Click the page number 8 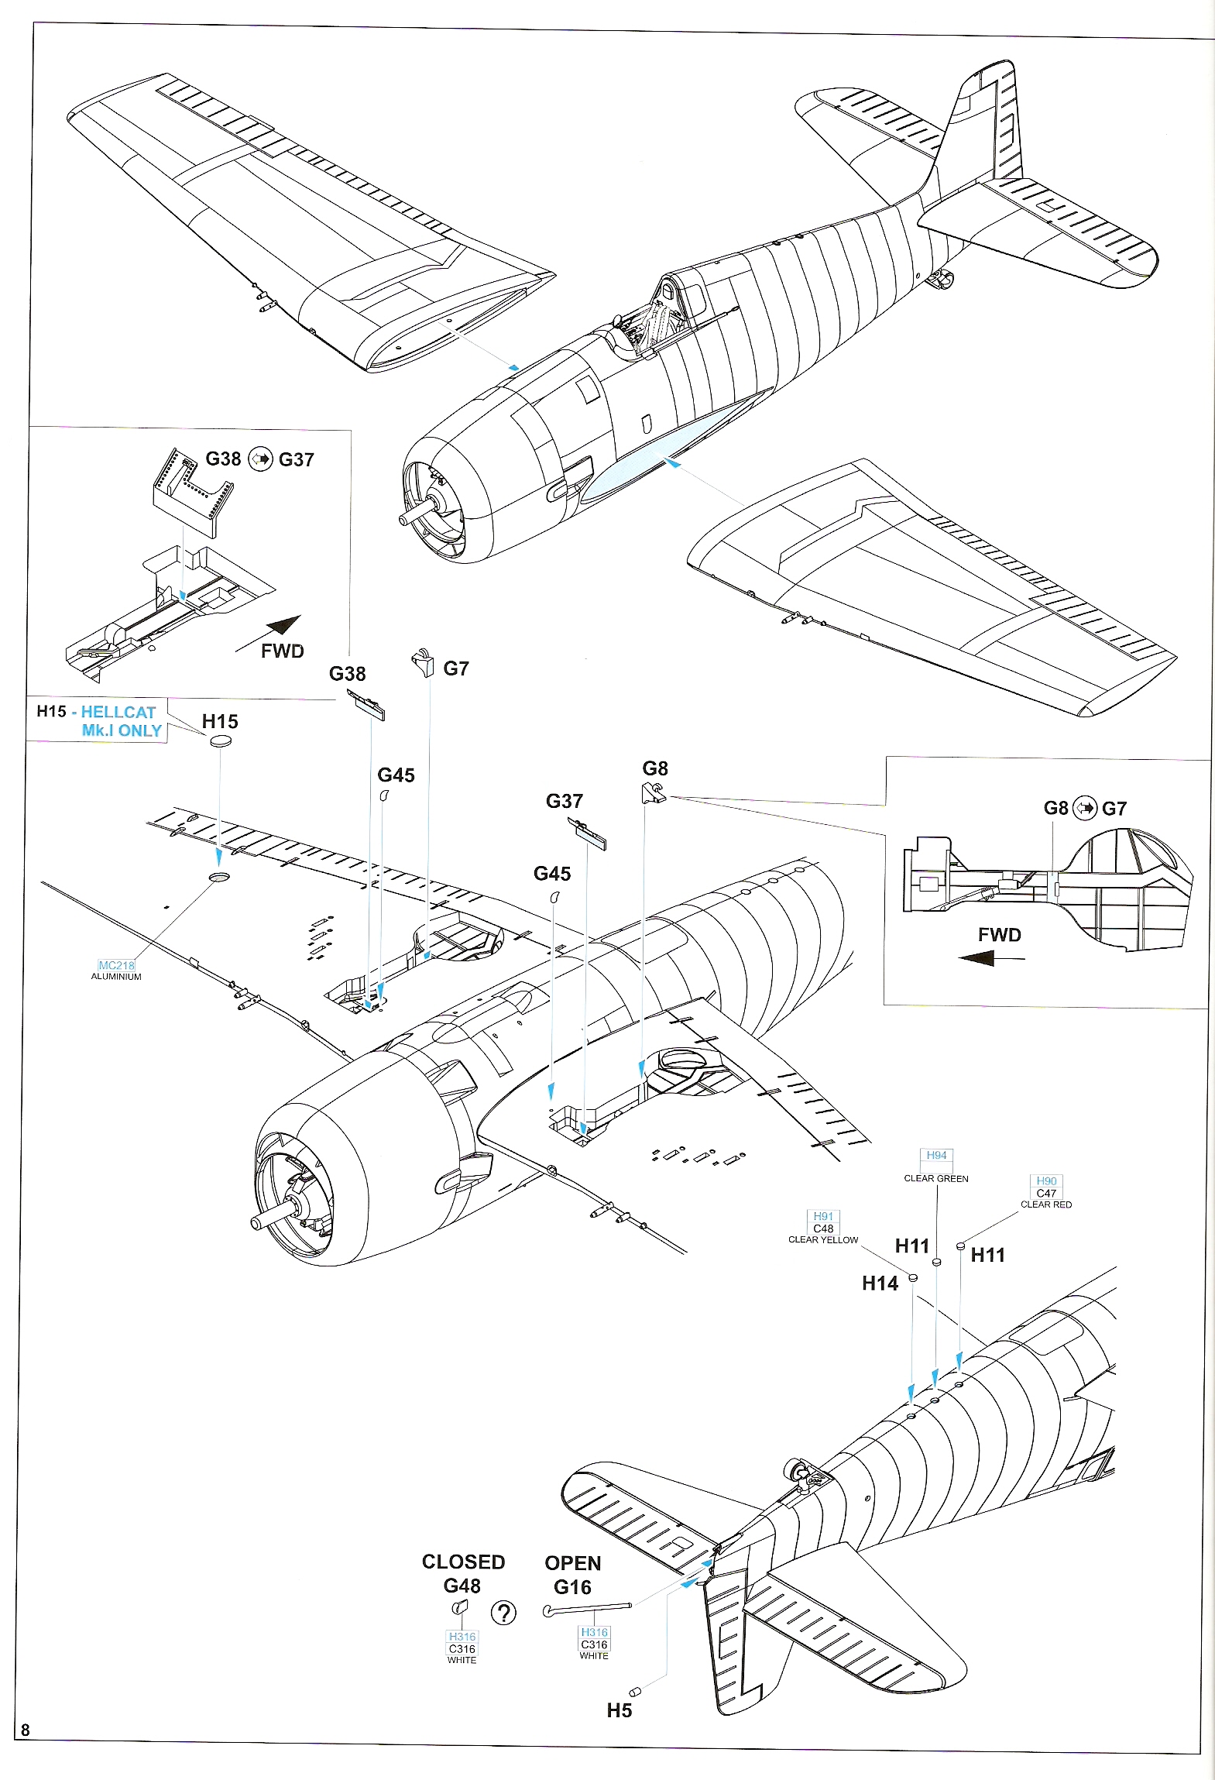click(26, 1730)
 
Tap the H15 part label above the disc click(220, 721)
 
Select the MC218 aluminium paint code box click(117, 965)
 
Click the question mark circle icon click(503, 1613)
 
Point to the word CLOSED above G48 click(463, 1562)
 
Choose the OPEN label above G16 click(572, 1563)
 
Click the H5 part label click(619, 1710)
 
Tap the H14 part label click(880, 1283)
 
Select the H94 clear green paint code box click(936, 1155)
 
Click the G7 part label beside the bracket click(455, 668)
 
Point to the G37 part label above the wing click(564, 801)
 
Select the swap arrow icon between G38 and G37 click(260, 459)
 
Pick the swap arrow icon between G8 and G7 click(1085, 808)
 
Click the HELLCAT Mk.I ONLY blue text click(120, 721)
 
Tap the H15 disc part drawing click(221, 742)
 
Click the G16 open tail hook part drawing click(588, 1609)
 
